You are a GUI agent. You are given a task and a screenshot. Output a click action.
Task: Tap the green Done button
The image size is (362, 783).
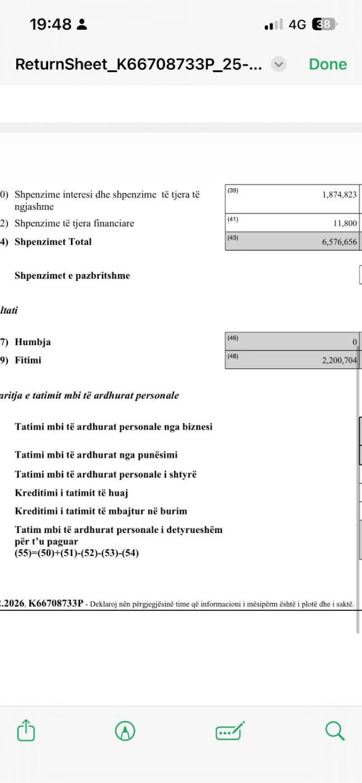[327, 64]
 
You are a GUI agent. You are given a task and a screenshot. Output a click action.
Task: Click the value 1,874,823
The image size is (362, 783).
[339, 195]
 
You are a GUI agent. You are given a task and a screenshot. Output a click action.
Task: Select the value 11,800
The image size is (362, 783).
[345, 224]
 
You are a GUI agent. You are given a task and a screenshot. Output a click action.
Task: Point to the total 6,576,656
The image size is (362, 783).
[339, 242]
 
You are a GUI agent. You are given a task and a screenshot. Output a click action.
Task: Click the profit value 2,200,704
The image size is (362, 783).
[339, 361]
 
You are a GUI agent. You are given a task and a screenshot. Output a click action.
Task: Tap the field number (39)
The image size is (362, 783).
[233, 191]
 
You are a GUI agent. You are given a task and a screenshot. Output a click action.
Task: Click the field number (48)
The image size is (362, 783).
[233, 356]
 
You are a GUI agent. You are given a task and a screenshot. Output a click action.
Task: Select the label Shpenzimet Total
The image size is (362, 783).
[53, 242]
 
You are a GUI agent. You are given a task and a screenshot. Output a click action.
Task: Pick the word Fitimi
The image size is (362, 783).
[28, 360]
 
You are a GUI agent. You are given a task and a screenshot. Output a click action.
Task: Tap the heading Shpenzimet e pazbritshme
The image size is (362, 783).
[72, 276]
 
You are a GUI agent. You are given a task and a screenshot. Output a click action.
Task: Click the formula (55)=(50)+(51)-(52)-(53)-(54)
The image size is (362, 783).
[77, 554]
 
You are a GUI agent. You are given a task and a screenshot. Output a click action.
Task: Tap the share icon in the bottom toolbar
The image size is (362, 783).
[26, 730]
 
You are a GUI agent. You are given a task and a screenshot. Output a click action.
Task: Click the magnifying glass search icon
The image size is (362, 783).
[335, 730]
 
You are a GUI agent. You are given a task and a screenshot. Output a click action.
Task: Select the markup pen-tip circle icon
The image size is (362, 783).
[125, 730]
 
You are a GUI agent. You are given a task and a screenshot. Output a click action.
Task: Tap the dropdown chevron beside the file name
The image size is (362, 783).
[278, 64]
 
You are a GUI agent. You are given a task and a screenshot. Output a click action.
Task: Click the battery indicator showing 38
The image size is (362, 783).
[324, 25]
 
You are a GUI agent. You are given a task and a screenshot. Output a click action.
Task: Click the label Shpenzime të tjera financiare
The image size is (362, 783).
[74, 224]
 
